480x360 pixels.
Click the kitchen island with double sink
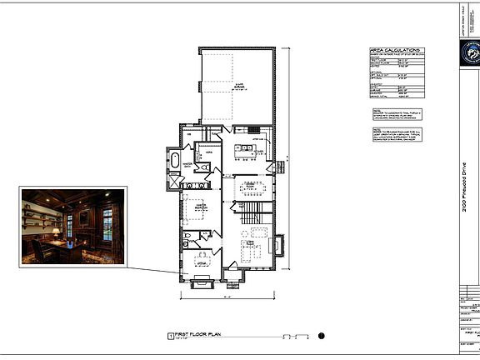pos(245,152)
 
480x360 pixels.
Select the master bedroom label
pos(197,209)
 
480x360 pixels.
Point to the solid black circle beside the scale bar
pos(321,336)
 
